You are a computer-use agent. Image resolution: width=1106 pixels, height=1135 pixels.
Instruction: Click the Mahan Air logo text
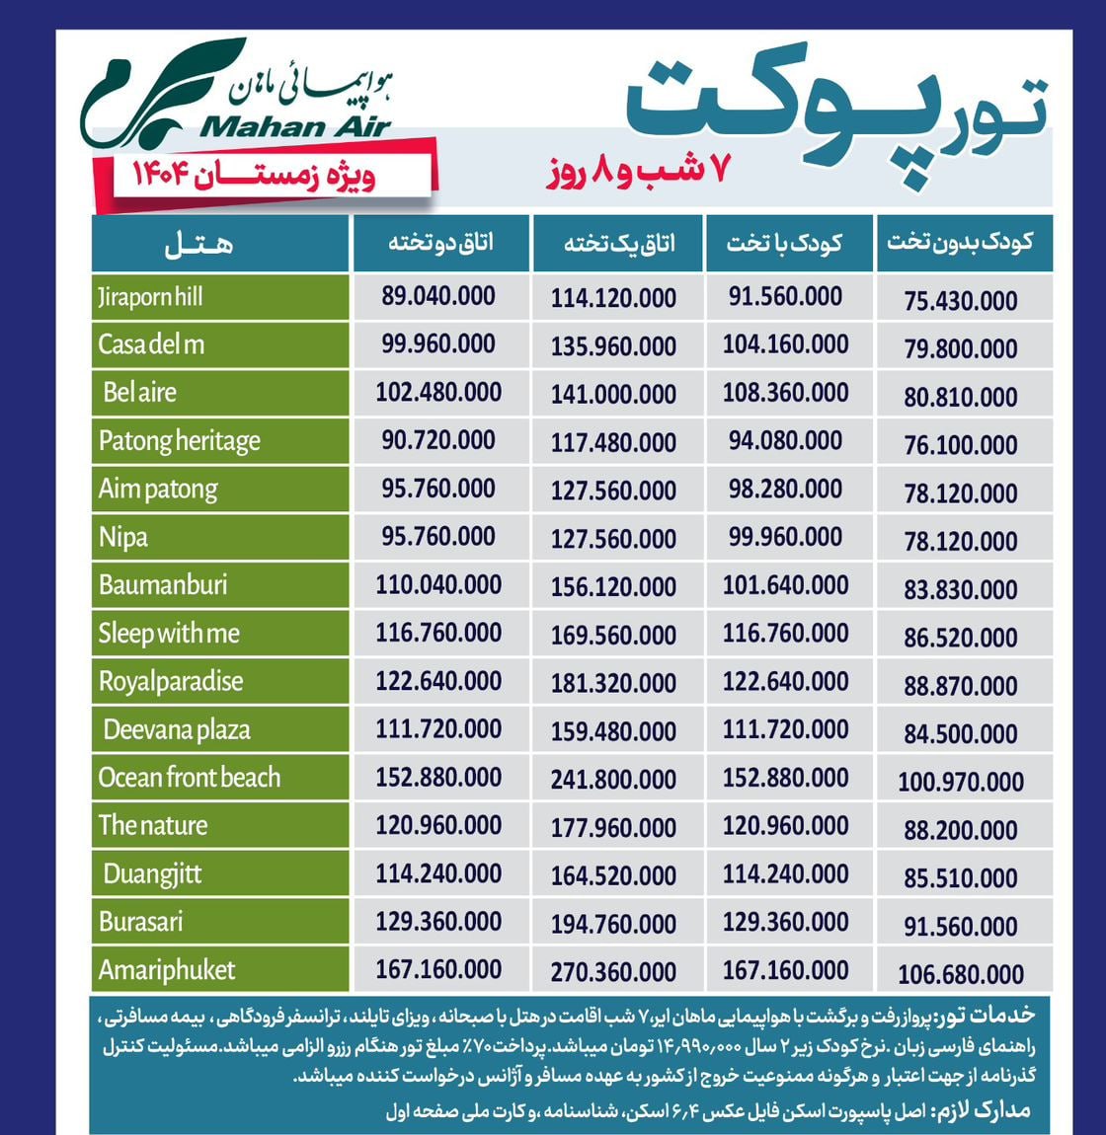(294, 127)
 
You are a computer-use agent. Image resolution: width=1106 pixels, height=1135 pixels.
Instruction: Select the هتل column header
(200, 244)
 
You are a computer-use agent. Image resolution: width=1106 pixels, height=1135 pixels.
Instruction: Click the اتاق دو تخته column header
(439, 243)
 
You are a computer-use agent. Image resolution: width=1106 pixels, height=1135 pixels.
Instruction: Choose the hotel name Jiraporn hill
(150, 297)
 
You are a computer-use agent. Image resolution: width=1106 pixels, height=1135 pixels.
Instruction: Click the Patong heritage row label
(179, 441)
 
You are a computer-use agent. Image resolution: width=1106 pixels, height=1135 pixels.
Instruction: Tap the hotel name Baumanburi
(163, 585)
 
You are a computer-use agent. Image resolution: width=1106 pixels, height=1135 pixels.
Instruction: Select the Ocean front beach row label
(189, 778)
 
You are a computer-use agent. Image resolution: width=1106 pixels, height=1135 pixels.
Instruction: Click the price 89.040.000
(438, 296)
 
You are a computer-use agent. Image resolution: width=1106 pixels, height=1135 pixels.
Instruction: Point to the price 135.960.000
(613, 346)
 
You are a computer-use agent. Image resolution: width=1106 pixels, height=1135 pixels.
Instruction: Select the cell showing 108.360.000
(785, 393)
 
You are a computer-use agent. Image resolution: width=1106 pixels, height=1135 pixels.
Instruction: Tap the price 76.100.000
(960, 445)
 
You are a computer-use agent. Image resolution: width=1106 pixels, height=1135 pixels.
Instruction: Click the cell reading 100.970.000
(960, 783)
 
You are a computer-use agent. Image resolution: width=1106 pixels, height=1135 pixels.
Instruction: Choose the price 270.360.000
(613, 973)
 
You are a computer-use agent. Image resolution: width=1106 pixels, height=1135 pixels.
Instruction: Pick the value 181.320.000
(613, 684)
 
